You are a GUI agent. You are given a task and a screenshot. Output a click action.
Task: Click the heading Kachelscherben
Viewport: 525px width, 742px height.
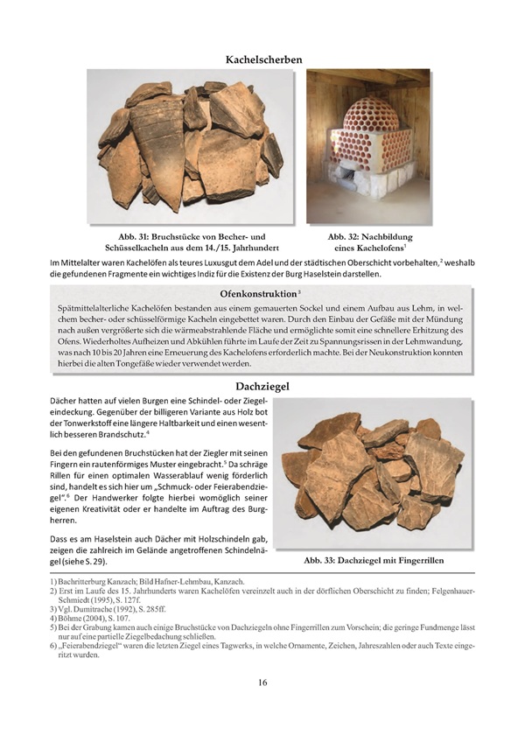pos(262,59)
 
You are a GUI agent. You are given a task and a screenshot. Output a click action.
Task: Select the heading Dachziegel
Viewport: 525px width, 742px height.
pos(262,385)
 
